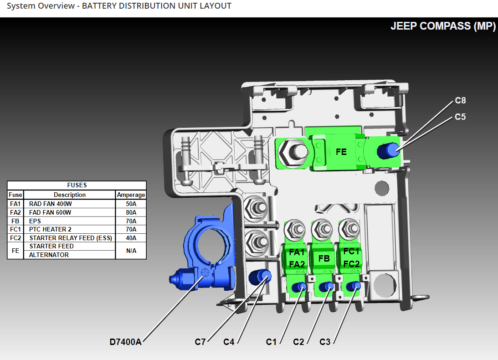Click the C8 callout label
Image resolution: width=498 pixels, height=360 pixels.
[x=460, y=101]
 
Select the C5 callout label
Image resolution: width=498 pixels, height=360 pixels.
[x=460, y=117]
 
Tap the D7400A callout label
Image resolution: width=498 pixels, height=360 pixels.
[x=125, y=342]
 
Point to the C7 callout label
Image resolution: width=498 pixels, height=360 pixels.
[x=200, y=342]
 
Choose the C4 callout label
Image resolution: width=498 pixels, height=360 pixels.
[x=229, y=342]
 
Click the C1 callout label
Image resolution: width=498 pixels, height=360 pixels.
[x=271, y=342]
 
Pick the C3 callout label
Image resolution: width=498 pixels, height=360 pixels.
[x=325, y=342]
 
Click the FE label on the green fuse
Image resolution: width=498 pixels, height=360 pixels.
[x=341, y=152]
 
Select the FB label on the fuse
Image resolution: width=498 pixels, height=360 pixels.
[x=324, y=258]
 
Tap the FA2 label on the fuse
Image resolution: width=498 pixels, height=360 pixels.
[x=297, y=264]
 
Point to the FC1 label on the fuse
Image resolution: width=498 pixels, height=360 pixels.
[x=351, y=252]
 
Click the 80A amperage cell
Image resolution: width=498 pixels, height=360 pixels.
[x=131, y=212]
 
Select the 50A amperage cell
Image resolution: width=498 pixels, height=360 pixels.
[x=131, y=204]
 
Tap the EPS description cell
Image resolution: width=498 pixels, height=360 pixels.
[x=35, y=221]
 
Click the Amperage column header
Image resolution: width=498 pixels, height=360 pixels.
[x=131, y=195]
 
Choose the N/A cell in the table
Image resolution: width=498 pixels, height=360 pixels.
[x=131, y=251]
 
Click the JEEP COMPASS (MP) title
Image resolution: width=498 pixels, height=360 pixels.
[x=443, y=26]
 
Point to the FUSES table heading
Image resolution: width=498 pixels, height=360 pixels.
[x=77, y=185]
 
